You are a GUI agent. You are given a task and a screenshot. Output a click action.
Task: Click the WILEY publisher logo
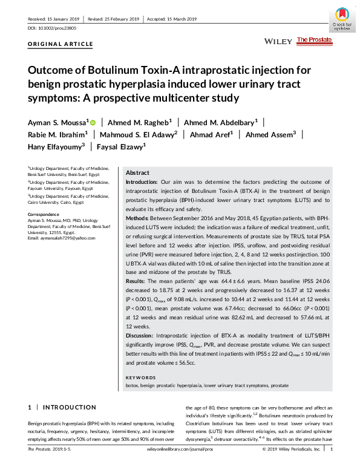coord(278,41)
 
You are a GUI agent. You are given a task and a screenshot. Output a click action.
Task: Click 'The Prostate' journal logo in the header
coord(314,40)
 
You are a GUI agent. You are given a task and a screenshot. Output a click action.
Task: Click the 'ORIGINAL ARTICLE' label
coord(61,44)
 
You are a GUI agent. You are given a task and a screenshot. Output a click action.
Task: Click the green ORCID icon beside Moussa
coord(93,122)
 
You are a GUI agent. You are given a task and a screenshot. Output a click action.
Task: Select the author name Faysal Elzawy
coord(120,146)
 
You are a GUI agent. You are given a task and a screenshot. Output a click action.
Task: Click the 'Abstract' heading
coord(137,172)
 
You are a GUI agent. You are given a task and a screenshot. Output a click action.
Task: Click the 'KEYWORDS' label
coord(139,377)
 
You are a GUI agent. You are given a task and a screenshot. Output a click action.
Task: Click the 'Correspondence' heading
coord(44,214)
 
